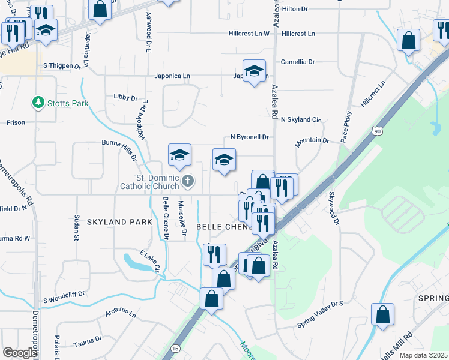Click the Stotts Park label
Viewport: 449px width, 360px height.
tap(68, 103)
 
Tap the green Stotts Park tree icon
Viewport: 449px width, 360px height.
tap(40, 103)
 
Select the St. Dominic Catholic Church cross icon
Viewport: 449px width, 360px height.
tap(188, 181)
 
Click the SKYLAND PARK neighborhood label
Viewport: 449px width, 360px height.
tap(119, 222)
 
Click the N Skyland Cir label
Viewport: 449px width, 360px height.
tap(301, 120)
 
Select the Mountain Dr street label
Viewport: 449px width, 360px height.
tap(312, 142)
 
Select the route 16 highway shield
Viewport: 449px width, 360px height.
tap(175, 347)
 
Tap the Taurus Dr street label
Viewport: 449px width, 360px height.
tap(88, 341)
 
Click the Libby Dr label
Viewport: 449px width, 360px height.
tap(125, 97)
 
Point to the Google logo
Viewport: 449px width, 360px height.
tap(20, 353)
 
